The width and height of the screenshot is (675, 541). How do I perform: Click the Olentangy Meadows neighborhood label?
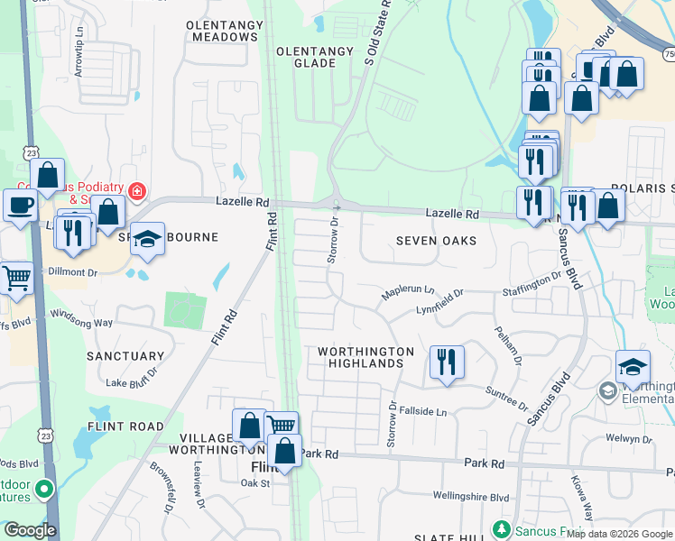(x=222, y=31)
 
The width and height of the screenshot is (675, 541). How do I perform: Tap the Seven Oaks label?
(x=436, y=242)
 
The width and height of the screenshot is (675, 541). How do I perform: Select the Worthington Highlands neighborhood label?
(x=365, y=357)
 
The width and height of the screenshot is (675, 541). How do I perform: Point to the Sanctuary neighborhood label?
(x=125, y=356)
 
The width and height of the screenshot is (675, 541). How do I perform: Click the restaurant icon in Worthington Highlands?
(x=447, y=362)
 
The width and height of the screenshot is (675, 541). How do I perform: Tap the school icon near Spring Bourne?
(x=148, y=239)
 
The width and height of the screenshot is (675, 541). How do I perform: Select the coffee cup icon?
(x=20, y=205)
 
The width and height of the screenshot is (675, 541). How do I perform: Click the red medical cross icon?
(x=136, y=191)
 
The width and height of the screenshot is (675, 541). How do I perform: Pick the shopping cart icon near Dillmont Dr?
(x=15, y=277)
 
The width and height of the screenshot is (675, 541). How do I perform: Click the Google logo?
(x=30, y=530)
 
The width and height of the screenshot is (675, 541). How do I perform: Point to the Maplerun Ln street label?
(x=407, y=291)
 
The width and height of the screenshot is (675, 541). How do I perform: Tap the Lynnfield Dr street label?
(x=439, y=300)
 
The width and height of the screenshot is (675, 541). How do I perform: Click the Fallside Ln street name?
(x=423, y=411)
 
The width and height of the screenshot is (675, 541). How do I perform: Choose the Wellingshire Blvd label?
(x=470, y=497)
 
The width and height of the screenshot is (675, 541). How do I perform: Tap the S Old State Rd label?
(x=377, y=32)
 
